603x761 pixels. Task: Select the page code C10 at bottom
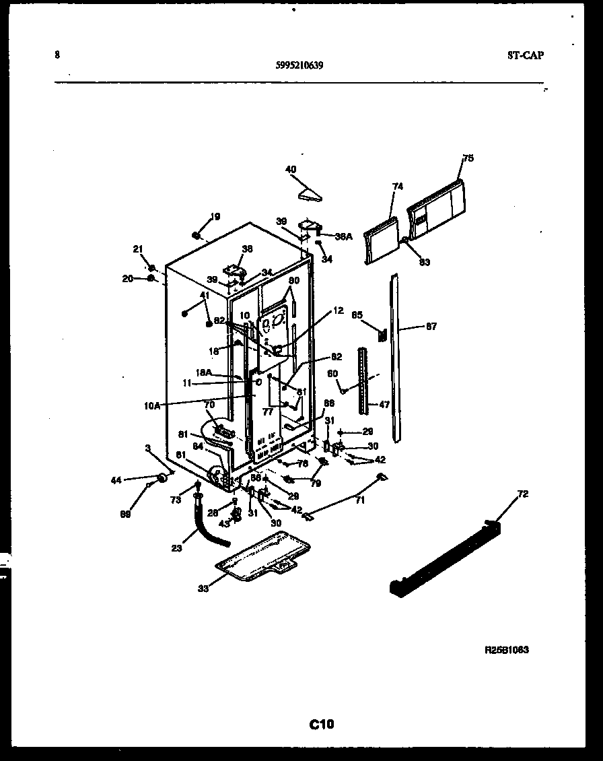point(322,725)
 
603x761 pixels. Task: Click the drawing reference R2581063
point(506,651)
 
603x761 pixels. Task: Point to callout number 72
point(523,494)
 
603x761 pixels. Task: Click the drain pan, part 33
point(262,556)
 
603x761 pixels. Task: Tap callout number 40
point(291,170)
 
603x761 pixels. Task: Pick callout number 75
point(468,158)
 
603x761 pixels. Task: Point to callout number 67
point(431,327)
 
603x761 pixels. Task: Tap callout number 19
point(215,216)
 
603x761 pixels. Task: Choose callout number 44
point(116,480)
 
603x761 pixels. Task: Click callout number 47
point(384,405)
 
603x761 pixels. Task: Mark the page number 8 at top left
point(57,55)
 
